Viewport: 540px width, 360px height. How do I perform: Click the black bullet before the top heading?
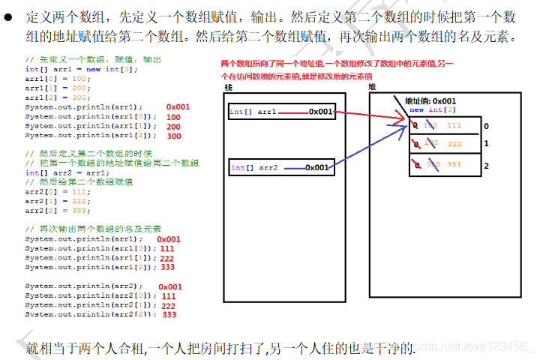pos(10,16)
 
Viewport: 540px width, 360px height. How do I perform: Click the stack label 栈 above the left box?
pos(228,88)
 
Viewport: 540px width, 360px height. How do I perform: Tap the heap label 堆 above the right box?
pos(373,88)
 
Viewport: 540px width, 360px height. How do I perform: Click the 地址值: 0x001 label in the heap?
pos(430,101)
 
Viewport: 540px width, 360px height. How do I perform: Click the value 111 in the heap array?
pos(454,125)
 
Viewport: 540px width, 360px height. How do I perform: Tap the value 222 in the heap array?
pos(454,143)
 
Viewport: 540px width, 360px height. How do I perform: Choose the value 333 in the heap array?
pos(454,164)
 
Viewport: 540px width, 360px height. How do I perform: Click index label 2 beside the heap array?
pos(486,166)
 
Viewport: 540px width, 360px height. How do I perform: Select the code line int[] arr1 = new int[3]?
pos(72,69)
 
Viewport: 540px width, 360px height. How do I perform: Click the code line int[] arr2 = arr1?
pos(67,172)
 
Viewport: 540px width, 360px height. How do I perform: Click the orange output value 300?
pos(173,136)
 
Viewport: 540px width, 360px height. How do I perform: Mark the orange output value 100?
pos(173,117)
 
